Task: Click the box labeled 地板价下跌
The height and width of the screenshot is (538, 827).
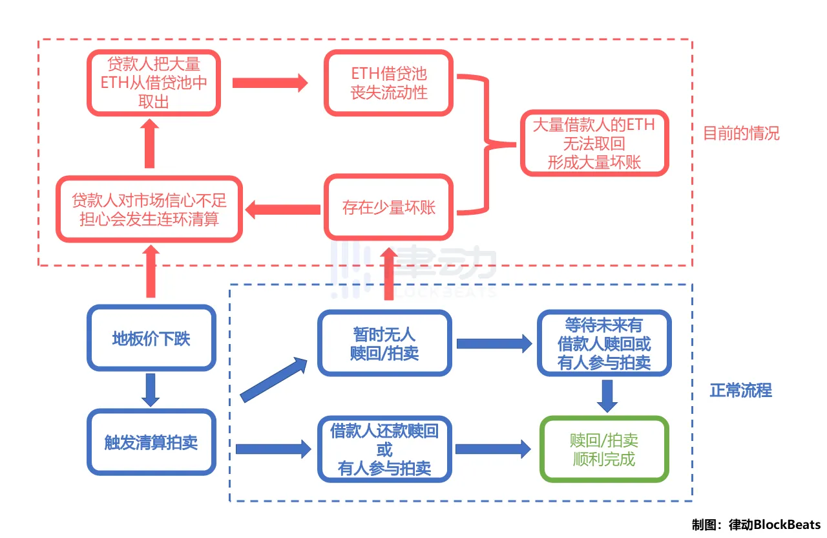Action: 151,338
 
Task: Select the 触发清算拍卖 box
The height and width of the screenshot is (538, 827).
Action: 151,442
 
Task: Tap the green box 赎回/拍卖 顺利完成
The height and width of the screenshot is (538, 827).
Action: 604,449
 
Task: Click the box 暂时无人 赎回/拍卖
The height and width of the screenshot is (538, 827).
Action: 384,343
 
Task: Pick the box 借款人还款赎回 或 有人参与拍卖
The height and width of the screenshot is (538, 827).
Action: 384,449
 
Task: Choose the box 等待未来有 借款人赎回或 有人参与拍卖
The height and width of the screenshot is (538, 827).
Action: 604,343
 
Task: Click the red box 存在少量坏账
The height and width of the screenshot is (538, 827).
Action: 389,208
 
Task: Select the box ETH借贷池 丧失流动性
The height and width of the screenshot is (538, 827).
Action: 389,83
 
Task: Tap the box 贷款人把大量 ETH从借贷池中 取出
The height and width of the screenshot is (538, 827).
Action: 154,83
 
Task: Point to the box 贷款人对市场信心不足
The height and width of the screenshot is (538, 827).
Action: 149,209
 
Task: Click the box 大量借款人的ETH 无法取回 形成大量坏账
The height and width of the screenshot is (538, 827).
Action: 594,143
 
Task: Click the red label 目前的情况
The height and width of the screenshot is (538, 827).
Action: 741,133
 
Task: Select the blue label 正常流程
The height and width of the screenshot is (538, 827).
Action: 740,391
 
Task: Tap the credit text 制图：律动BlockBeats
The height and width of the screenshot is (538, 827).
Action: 756,524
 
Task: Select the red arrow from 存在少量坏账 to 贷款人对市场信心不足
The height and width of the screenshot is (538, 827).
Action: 284,208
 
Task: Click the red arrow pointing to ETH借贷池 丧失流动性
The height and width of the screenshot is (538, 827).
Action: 269,83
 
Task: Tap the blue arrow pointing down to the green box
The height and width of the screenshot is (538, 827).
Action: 607,395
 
